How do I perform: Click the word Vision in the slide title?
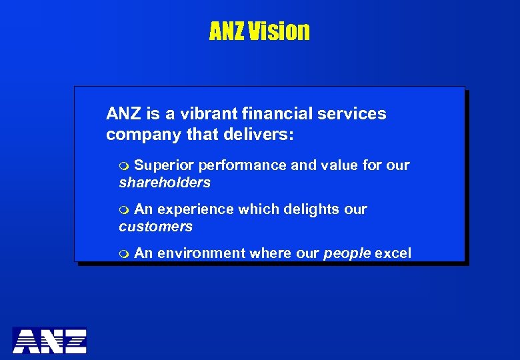coord(280,31)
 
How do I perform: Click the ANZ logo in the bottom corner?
coord(49,341)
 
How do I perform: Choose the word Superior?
coord(164,165)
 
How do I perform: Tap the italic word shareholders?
coord(165,183)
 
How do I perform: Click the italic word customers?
coord(155,227)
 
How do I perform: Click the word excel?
coord(393,253)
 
